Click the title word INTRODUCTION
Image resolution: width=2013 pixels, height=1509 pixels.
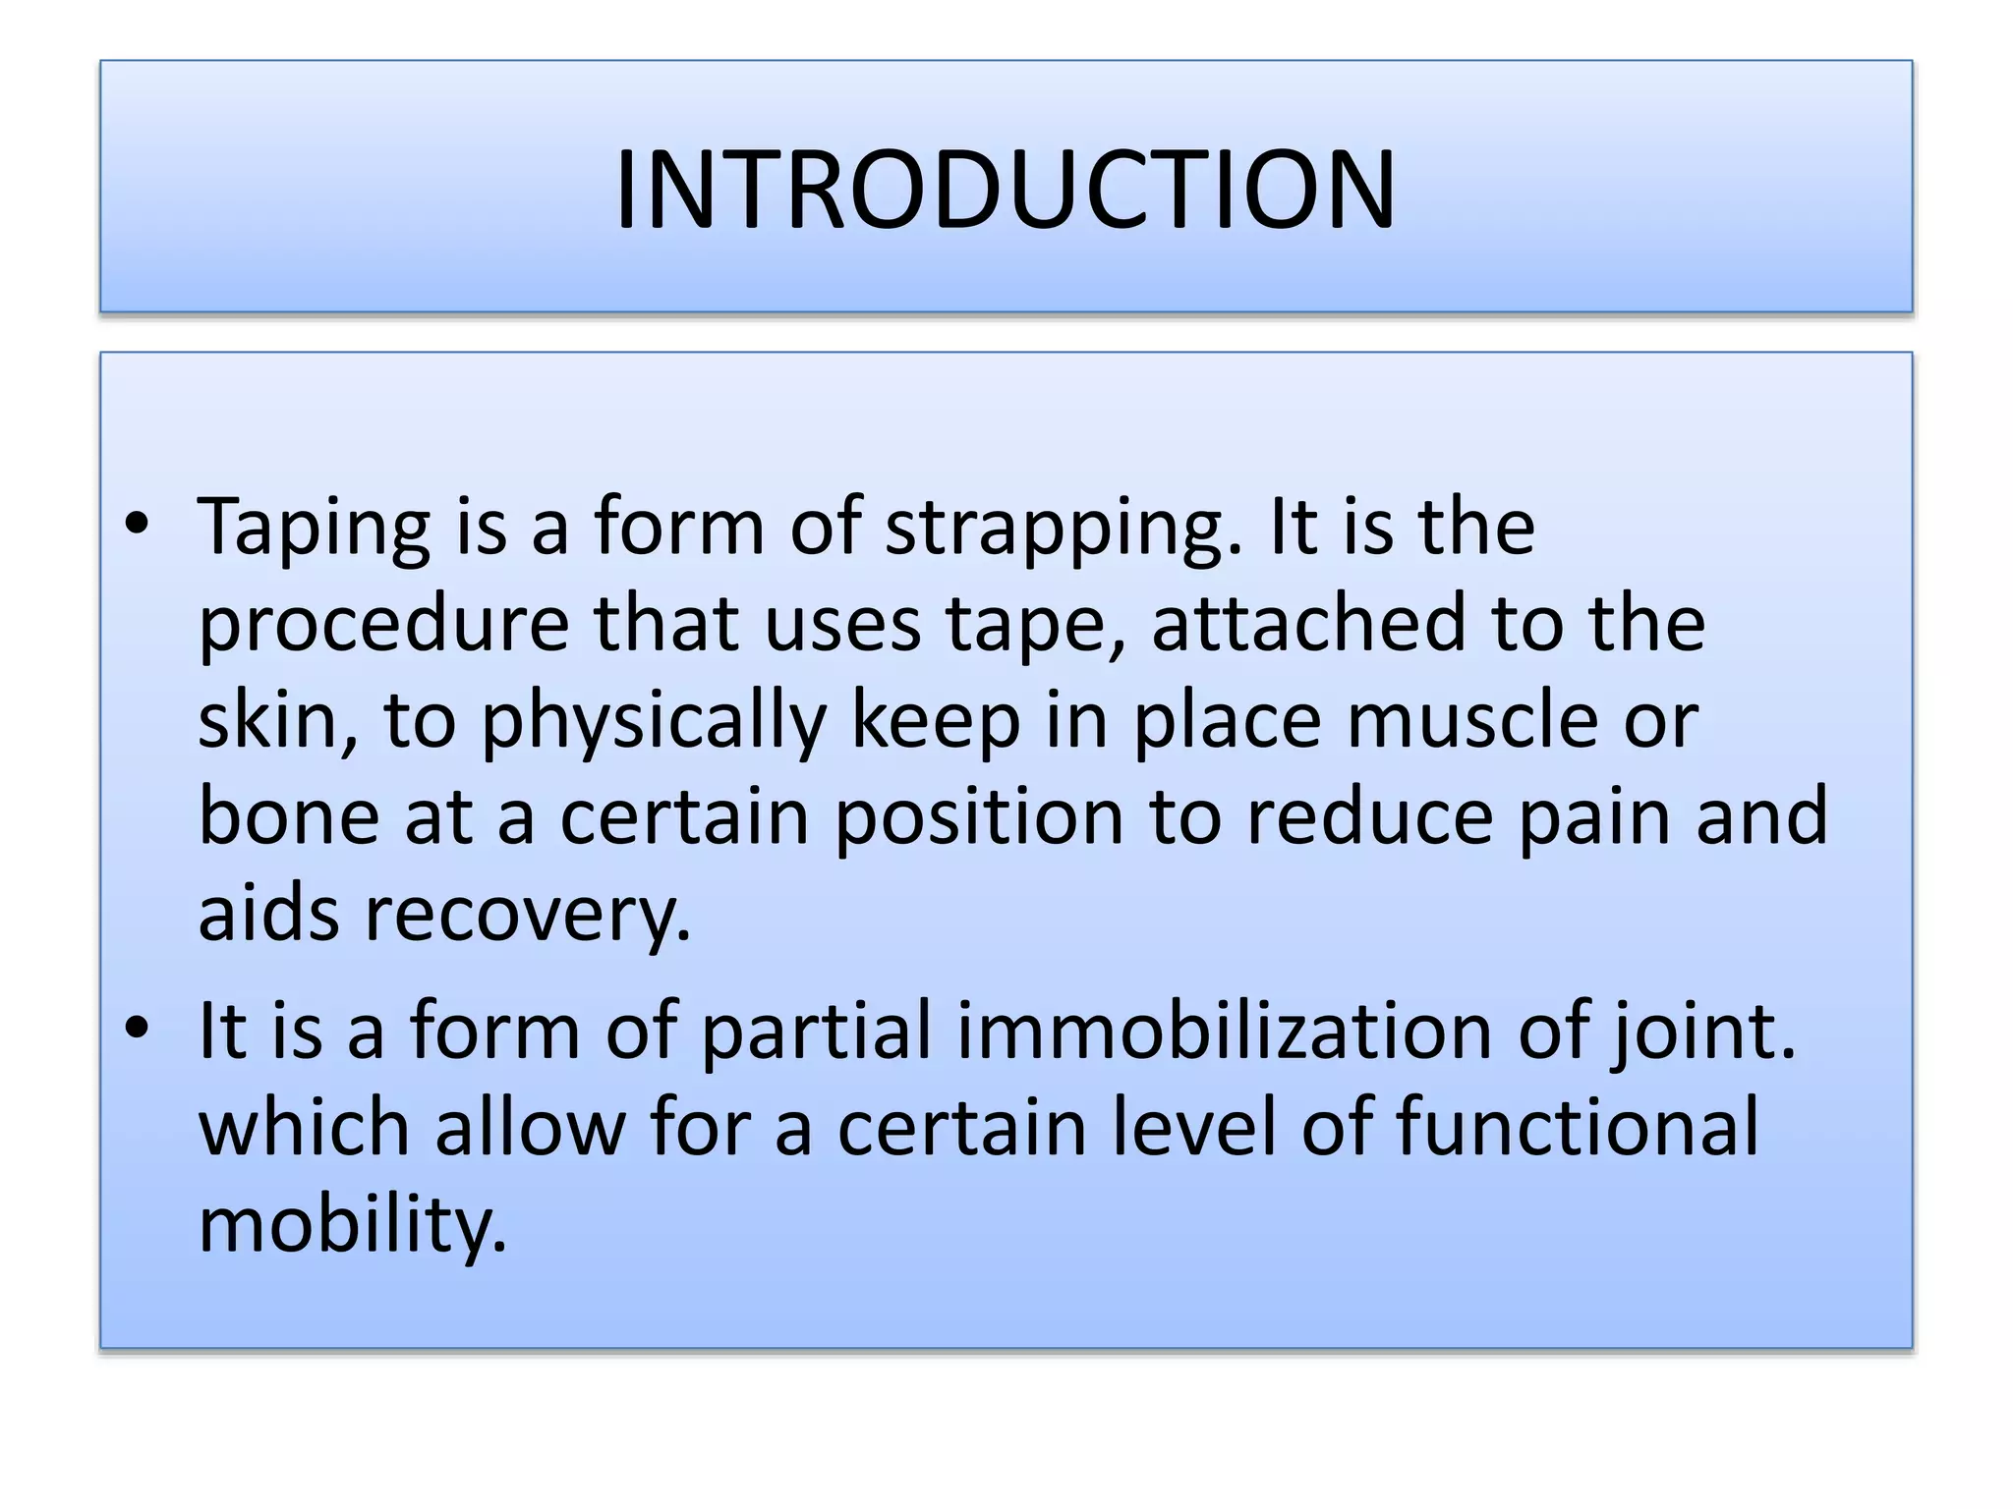tap(1005, 190)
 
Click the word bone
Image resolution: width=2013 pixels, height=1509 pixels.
tap(288, 816)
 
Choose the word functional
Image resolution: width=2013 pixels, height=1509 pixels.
tap(1577, 1127)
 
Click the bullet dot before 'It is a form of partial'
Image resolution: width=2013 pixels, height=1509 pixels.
tap(137, 1028)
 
